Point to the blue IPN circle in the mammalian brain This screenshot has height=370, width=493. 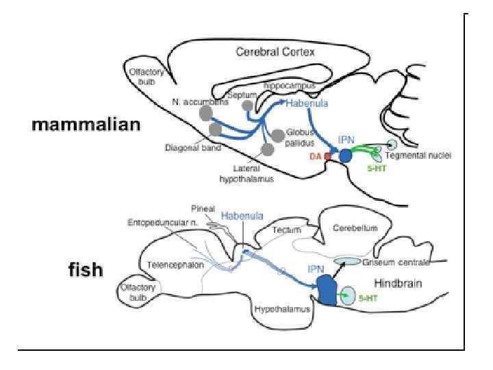[x=346, y=156]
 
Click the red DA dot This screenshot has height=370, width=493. [x=328, y=157]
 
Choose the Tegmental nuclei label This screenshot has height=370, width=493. [x=425, y=156]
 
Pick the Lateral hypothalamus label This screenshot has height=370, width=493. [x=246, y=175]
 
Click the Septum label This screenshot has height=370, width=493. [x=243, y=95]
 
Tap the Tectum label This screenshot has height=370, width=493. [x=286, y=230]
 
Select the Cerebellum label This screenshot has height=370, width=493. [x=355, y=228]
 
